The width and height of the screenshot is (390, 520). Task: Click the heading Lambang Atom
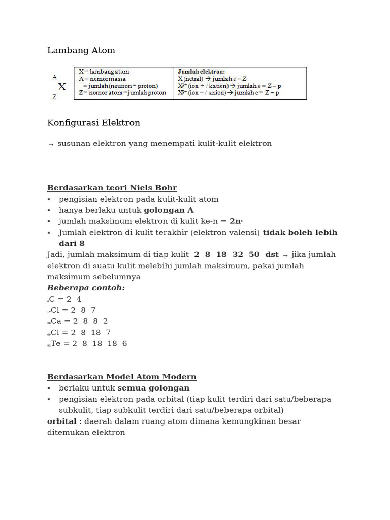81,50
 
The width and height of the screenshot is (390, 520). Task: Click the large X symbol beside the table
62,87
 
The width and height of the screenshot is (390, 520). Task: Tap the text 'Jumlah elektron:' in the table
202,72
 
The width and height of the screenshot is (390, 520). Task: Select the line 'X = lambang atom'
104,72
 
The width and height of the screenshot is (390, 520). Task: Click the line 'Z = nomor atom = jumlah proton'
122,93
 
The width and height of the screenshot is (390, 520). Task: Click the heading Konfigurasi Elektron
93,123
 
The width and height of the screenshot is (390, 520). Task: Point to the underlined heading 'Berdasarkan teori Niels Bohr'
112,188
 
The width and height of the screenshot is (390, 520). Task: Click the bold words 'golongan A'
169,210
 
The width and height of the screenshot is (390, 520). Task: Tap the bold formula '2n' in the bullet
235,221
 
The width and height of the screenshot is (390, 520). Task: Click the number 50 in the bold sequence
254,255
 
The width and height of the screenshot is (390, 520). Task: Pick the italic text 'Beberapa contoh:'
86,288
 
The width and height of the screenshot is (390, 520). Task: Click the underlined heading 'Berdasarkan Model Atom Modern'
122,377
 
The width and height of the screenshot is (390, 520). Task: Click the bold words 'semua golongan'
153,388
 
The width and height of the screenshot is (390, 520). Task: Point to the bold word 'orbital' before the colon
61,421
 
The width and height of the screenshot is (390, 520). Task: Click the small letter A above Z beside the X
54,78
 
